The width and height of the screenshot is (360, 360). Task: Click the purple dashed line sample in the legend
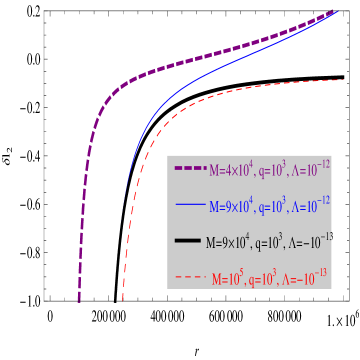click(190, 168)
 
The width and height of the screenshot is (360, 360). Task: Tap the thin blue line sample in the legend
click(190, 205)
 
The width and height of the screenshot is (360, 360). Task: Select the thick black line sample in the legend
click(187, 241)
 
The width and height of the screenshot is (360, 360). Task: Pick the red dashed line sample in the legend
click(190, 277)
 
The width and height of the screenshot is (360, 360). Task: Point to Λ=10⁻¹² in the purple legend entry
click(308, 170)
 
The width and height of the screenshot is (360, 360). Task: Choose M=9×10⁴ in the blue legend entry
click(230, 206)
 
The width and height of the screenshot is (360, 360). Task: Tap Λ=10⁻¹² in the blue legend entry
click(308, 206)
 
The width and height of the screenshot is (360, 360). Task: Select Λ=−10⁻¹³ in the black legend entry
click(309, 242)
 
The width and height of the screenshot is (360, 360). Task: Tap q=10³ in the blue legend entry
click(270, 206)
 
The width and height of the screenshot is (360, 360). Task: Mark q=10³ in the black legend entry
click(267, 242)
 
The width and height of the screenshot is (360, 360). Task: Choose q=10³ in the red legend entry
click(267, 280)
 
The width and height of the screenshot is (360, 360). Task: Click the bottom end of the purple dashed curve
click(79, 300)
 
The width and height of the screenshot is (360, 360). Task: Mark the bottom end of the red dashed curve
click(122, 300)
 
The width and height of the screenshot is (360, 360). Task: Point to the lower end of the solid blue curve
click(126, 190)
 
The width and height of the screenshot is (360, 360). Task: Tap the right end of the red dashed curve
click(342, 80)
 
